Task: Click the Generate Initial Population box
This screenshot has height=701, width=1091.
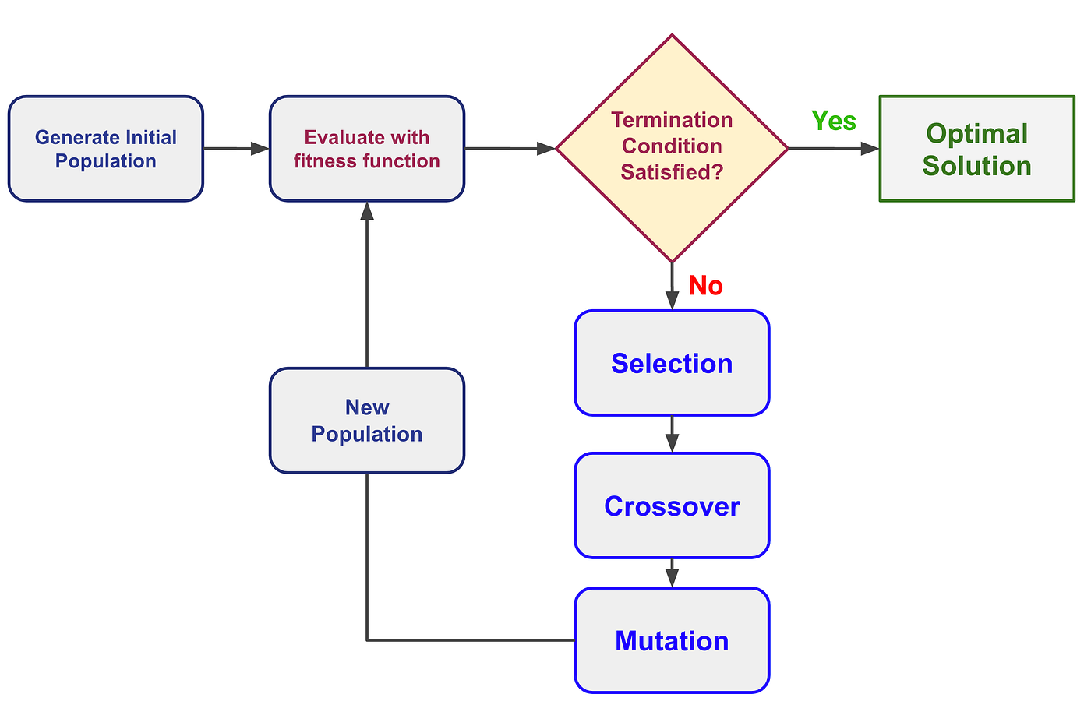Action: tap(106, 149)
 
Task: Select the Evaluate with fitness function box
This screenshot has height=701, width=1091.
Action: tap(367, 149)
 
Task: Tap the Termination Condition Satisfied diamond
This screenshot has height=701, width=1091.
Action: tap(672, 148)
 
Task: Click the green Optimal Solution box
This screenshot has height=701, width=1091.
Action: tap(976, 149)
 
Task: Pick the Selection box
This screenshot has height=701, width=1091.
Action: tap(672, 363)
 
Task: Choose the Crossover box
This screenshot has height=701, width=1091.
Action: tap(672, 505)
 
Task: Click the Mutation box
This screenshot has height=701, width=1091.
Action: tap(672, 640)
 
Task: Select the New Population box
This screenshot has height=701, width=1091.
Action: tap(367, 421)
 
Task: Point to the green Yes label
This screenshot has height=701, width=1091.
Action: tap(834, 121)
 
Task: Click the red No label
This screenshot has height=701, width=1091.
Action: tap(705, 286)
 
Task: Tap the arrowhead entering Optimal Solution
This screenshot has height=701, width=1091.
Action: tap(870, 149)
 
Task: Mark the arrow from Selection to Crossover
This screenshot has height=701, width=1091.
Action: tap(672, 435)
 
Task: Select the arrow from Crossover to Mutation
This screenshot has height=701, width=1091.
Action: tap(672, 573)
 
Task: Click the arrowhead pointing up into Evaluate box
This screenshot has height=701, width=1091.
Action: tap(367, 211)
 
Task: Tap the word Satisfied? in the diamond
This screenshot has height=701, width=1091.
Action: tap(672, 172)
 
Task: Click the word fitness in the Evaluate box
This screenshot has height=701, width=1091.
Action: tap(324, 161)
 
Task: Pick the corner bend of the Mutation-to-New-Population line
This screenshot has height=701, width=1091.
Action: tap(367, 640)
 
